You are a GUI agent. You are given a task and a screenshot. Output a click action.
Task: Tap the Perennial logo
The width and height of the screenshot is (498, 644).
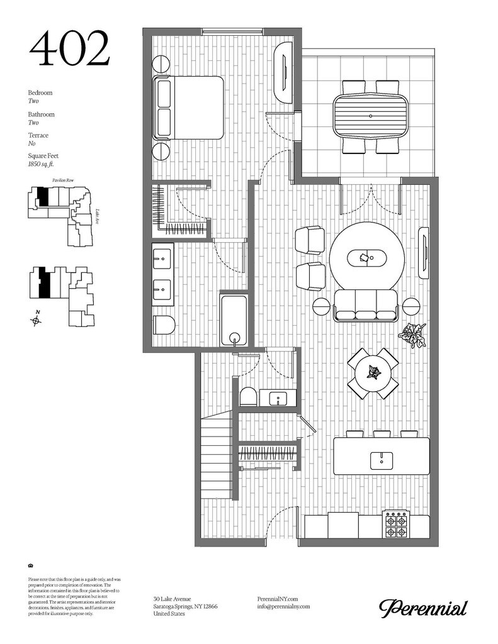point(422,608)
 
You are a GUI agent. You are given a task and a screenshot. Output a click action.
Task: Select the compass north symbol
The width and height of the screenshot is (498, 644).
point(37,320)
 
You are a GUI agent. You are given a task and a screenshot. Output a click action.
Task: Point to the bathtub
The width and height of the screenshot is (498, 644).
point(234,319)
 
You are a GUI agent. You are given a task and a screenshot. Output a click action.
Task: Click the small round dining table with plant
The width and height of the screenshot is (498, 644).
point(374,374)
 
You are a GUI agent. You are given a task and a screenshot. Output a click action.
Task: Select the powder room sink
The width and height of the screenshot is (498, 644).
point(277,398)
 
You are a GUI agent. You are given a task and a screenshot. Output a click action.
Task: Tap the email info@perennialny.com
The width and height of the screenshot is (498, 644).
point(284,606)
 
